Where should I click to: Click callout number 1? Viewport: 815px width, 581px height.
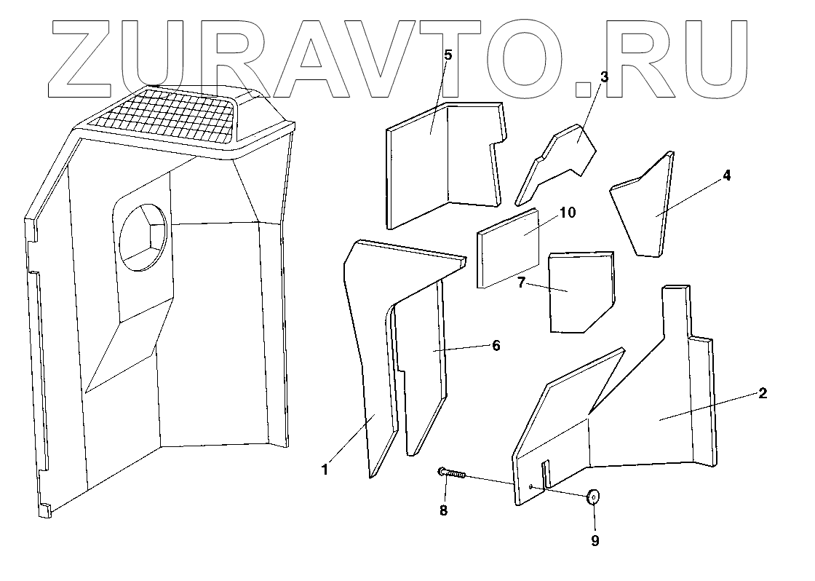click(x=325, y=470)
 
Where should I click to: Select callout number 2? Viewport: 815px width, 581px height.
click(x=762, y=393)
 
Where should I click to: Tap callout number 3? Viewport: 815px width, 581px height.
click(x=604, y=76)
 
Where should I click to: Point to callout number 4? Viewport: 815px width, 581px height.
click(x=727, y=176)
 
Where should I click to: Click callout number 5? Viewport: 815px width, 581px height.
click(x=448, y=55)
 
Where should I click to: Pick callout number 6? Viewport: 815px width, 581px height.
click(x=496, y=345)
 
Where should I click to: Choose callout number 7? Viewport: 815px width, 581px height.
click(x=521, y=282)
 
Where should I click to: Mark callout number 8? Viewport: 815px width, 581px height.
click(x=443, y=510)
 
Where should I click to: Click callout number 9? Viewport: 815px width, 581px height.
click(x=595, y=540)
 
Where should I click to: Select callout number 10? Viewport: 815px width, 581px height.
click(x=567, y=213)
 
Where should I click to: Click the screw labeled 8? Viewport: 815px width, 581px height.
click(x=453, y=474)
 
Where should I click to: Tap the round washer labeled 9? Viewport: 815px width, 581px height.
click(x=594, y=497)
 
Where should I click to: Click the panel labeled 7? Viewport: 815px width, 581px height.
click(x=579, y=291)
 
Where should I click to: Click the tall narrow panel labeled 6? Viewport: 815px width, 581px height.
click(x=420, y=364)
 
